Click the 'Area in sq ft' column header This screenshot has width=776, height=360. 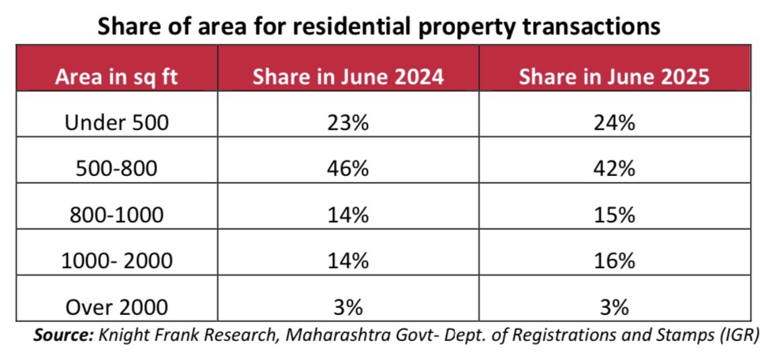(x=116, y=78)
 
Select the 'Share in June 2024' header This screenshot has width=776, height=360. (x=348, y=77)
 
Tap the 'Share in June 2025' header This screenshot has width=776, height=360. (x=615, y=77)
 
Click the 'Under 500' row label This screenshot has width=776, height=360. (x=117, y=123)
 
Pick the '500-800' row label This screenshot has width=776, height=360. (x=117, y=169)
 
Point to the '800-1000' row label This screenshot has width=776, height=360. (x=117, y=215)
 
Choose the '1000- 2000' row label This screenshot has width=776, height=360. (x=117, y=261)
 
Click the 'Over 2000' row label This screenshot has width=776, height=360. (x=117, y=307)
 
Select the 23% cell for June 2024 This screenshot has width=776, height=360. (x=348, y=123)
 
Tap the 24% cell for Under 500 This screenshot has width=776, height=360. (x=615, y=123)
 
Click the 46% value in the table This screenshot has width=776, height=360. (x=348, y=169)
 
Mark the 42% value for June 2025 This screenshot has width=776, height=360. (x=615, y=169)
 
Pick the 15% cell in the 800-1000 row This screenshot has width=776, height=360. (x=615, y=215)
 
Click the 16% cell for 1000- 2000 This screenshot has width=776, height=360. (x=615, y=261)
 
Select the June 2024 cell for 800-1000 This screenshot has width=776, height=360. (x=348, y=215)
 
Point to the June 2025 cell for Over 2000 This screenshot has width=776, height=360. (x=615, y=307)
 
